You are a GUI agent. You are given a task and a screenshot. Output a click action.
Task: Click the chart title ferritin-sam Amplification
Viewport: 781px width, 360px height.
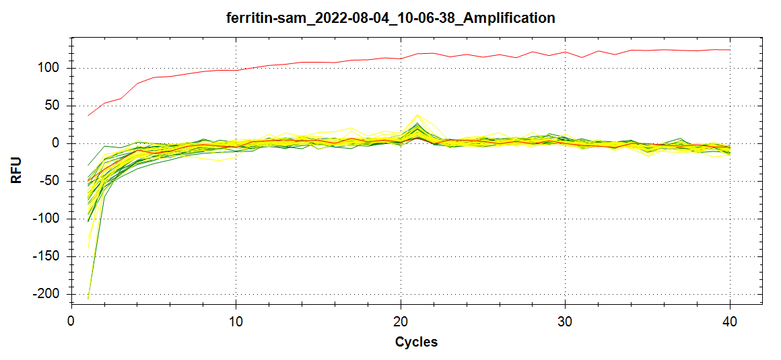click(390, 18)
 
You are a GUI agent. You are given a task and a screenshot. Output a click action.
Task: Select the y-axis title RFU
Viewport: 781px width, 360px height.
click(16, 170)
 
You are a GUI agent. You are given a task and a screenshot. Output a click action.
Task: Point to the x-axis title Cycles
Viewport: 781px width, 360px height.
click(416, 342)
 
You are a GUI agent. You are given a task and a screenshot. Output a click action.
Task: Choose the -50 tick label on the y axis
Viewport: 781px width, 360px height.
click(51, 181)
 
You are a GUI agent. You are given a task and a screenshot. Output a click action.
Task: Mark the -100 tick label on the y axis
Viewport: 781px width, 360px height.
click(48, 219)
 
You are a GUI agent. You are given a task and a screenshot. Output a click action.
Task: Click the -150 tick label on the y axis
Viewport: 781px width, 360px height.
click(48, 256)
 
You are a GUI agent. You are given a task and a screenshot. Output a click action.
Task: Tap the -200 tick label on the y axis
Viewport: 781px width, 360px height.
click(48, 294)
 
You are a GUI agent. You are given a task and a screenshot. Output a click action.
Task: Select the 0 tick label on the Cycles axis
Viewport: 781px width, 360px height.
click(71, 321)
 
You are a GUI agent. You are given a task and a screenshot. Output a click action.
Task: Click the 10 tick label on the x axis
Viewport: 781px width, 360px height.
click(236, 321)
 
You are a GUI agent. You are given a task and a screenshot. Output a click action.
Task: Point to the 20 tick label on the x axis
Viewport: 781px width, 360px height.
click(401, 321)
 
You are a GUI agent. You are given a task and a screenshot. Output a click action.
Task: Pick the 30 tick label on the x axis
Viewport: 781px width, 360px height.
click(566, 321)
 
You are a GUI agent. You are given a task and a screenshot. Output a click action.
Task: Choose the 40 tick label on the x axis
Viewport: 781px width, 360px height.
click(731, 321)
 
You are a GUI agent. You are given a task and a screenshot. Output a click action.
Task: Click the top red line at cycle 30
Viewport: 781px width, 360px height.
click(566, 52)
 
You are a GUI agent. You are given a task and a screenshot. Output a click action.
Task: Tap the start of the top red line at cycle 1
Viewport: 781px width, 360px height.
click(88, 115)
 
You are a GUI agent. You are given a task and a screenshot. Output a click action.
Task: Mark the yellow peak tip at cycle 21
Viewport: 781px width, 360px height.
click(417, 114)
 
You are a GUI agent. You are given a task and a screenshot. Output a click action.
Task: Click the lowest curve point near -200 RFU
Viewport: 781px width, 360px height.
click(88, 299)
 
